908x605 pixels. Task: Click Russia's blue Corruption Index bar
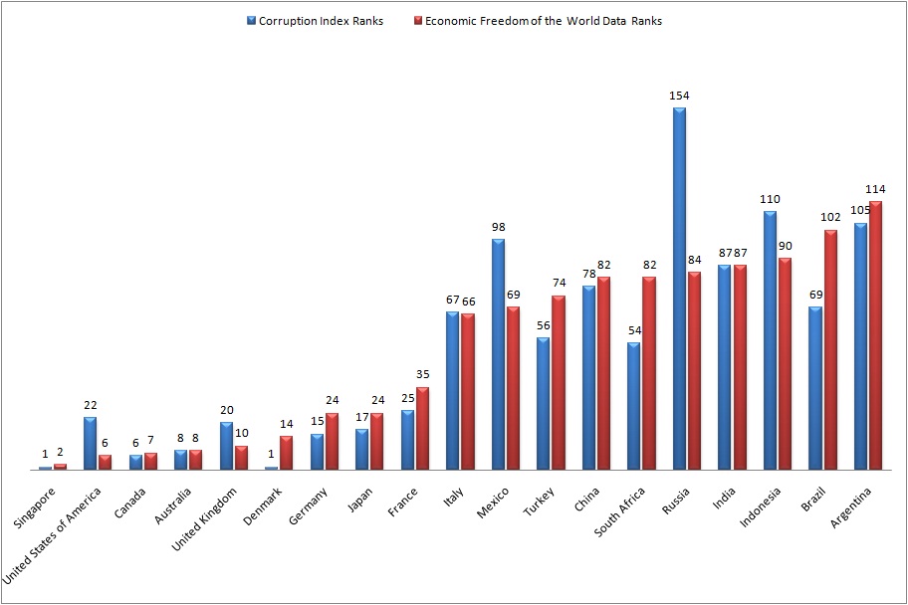click(679, 289)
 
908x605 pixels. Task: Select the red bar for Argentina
click(875, 335)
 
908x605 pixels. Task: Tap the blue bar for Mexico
click(498, 354)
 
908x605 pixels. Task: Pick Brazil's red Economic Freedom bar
click(830, 349)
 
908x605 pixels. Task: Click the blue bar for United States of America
click(91, 443)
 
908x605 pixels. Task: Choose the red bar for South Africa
click(649, 373)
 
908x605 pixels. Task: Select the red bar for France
click(422, 428)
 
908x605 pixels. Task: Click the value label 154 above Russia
click(679, 96)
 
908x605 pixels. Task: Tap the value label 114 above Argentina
click(876, 189)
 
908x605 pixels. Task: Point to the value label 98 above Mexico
click(498, 227)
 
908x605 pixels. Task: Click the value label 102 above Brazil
click(830, 218)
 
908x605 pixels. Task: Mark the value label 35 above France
click(423, 376)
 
